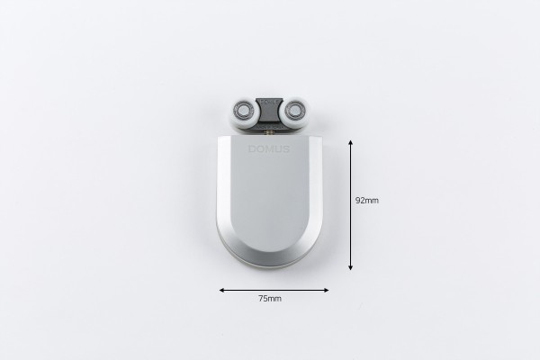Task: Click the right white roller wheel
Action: point(295,112)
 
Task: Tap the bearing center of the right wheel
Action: point(294,110)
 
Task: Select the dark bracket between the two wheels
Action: point(269,111)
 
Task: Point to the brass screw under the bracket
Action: point(269,132)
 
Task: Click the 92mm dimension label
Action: point(367,201)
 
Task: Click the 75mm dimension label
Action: point(270,299)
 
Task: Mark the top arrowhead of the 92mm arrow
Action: point(351,142)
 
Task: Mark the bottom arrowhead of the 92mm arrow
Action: point(351,267)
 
